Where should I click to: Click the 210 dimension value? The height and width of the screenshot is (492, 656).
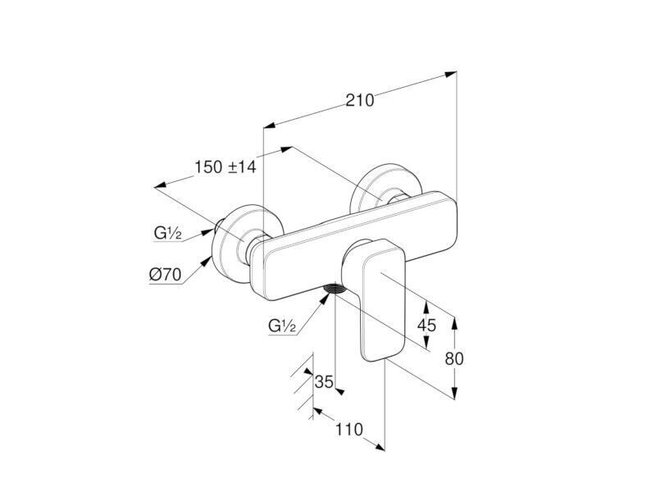point(360,100)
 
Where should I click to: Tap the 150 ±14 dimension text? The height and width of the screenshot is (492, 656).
point(225,167)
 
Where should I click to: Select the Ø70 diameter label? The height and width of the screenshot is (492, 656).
point(166,275)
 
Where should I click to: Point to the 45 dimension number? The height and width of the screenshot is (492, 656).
point(426,325)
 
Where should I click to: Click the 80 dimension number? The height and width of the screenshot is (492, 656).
point(454,358)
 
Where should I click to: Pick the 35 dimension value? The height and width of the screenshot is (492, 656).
point(324,381)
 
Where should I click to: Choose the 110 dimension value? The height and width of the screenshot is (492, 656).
point(349,429)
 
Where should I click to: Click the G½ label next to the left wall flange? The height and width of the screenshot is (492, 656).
point(168,233)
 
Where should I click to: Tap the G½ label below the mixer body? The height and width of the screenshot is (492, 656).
point(282,325)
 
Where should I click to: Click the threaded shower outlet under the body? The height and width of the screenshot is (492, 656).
point(335,289)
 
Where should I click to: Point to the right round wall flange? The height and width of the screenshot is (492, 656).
point(385,187)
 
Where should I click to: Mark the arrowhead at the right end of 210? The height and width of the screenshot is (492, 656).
point(451,74)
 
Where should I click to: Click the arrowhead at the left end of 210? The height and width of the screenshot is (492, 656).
point(269,125)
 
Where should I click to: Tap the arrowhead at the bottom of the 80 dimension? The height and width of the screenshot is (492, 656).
point(455,394)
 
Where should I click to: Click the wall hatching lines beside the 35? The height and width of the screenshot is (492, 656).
point(303,385)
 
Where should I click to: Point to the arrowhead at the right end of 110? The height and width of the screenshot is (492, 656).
point(379,447)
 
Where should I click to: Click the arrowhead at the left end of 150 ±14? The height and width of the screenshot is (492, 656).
point(161,185)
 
